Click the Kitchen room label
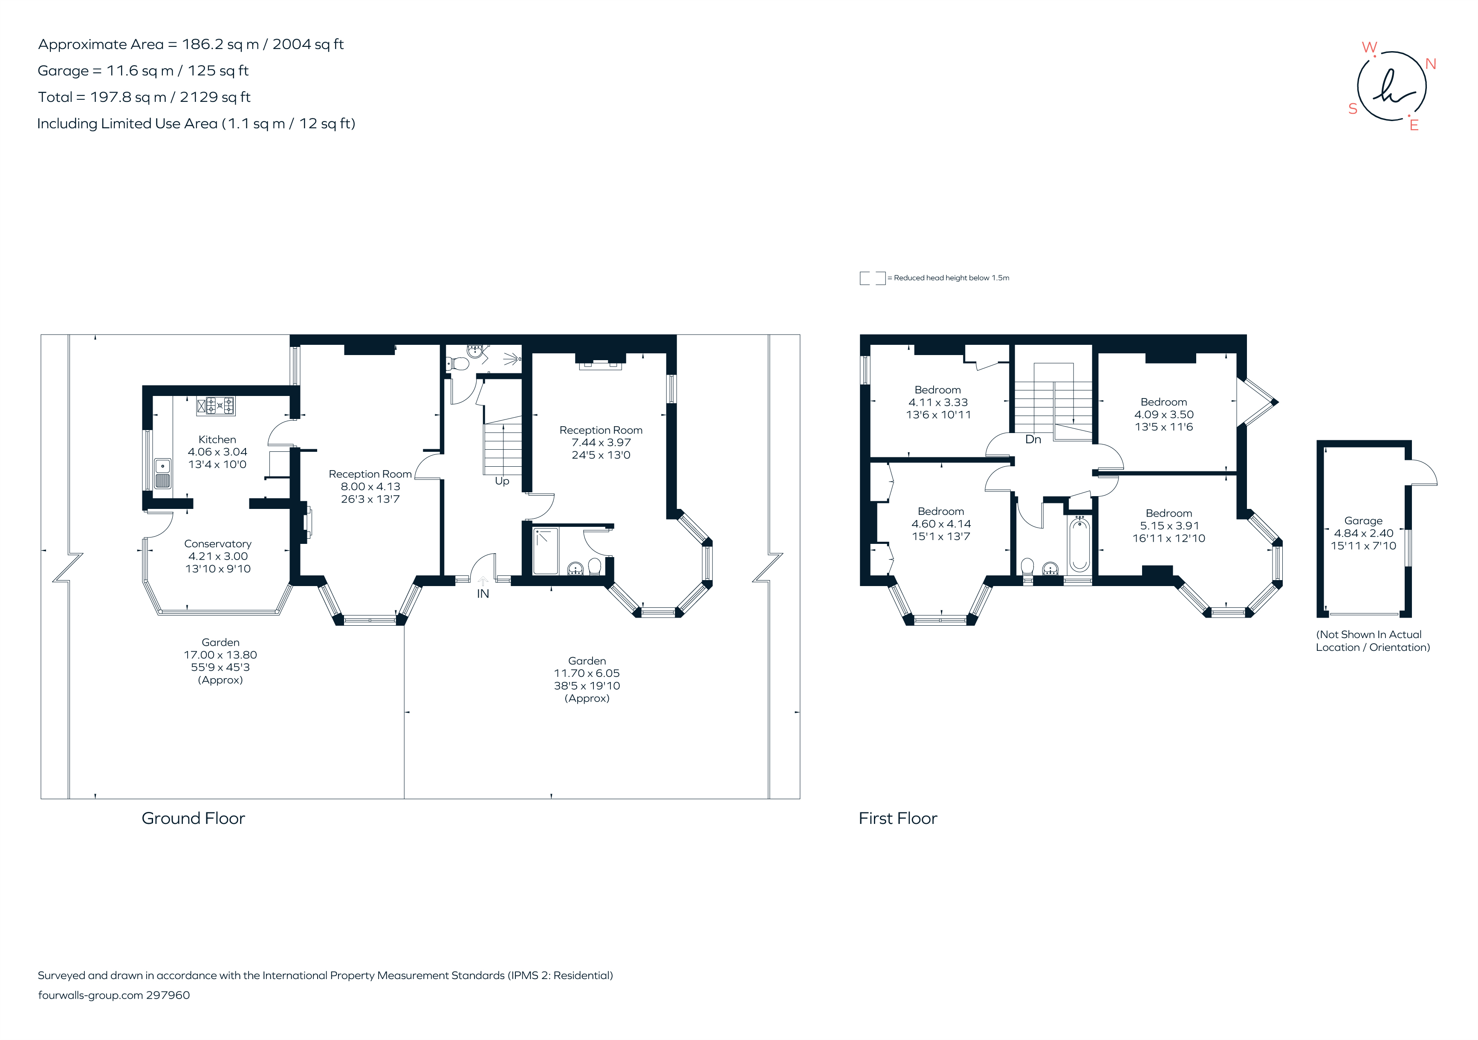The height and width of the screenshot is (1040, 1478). (217, 439)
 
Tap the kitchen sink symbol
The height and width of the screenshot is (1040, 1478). (163, 474)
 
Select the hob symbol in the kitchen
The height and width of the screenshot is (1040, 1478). (216, 405)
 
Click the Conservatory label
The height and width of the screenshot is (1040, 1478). (217, 544)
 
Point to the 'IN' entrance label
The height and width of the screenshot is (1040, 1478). (483, 594)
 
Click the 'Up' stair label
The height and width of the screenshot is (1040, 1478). (502, 481)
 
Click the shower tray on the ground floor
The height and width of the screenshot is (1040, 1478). (546, 551)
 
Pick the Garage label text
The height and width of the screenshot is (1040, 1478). (1363, 521)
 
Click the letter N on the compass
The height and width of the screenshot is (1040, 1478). (1430, 64)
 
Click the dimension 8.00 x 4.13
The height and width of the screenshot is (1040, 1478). (370, 486)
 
